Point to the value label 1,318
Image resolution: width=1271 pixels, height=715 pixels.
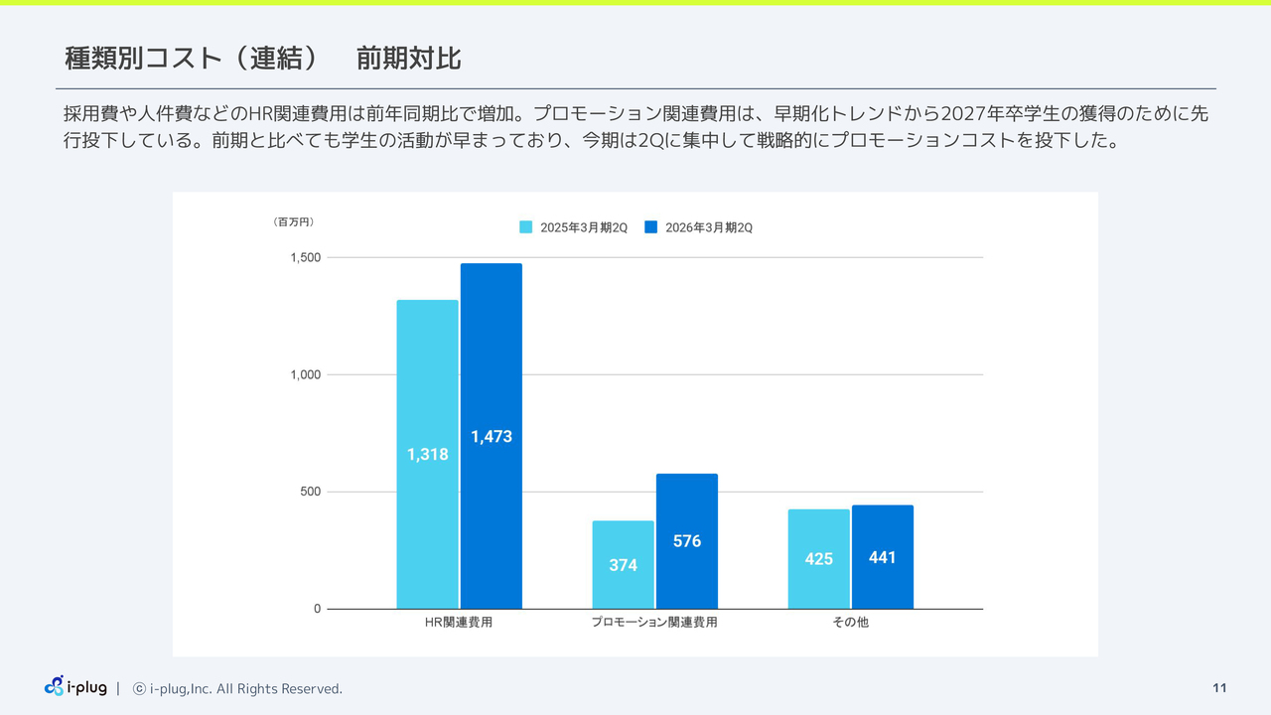[427, 455]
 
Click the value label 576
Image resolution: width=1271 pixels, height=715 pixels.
[686, 541]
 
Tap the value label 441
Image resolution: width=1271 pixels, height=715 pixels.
[882, 558]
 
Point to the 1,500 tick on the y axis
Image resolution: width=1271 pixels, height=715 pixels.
[305, 258]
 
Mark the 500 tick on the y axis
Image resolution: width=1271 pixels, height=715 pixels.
[310, 492]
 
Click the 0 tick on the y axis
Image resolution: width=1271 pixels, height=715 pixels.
[318, 609]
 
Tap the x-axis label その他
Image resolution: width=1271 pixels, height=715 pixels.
[850, 623]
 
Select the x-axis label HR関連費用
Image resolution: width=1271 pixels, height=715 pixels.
[459, 623]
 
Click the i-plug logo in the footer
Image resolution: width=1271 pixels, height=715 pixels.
[75, 687]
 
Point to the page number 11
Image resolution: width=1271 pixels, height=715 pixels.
[1219, 688]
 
